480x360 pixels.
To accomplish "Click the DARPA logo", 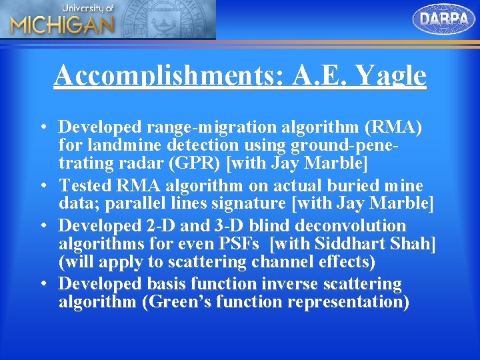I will [445, 19].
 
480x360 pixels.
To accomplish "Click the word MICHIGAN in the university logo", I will [63, 25].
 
